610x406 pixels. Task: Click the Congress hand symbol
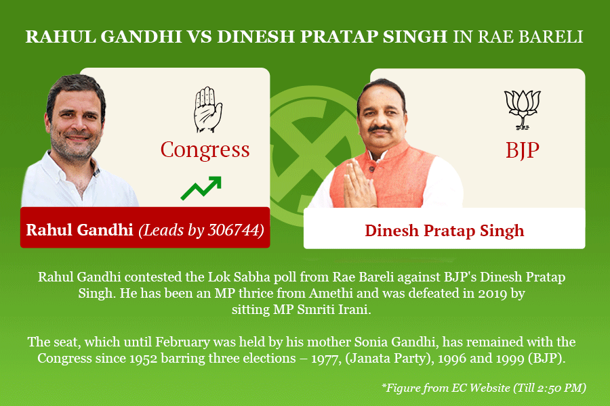(208, 110)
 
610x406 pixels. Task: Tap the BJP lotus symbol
(523, 109)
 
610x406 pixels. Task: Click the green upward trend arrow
(201, 188)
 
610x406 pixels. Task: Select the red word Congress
(205, 150)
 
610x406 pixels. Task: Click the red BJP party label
(523, 150)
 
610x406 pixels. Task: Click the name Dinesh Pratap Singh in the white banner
(444, 230)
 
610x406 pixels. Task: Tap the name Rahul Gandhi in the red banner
(79, 229)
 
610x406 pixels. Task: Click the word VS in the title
(199, 37)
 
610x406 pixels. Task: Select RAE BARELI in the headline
(530, 37)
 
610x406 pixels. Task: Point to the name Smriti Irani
(333, 310)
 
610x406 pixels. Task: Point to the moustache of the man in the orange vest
(380, 129)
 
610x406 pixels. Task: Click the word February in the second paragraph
(182, 342)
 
